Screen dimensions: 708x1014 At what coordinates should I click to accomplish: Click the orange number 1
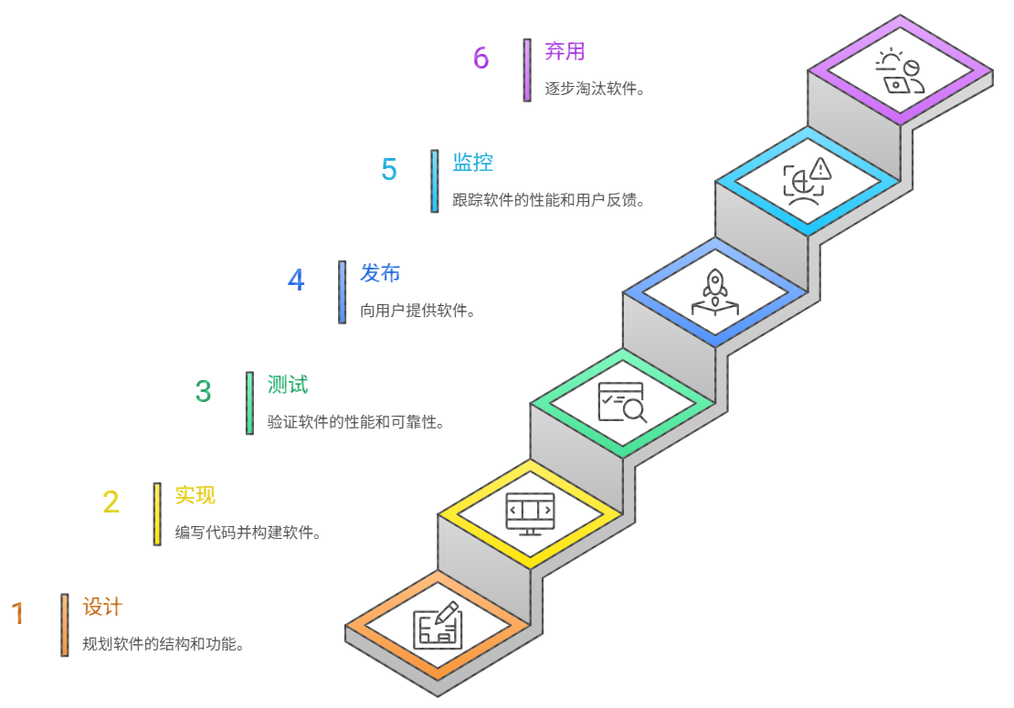point(17,613)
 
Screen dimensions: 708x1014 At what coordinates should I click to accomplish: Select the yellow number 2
point(111,502)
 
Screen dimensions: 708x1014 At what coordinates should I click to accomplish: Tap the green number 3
point(203,391)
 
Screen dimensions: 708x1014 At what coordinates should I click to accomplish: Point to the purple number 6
point(481,58)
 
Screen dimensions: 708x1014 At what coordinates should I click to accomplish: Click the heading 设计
point(102,607)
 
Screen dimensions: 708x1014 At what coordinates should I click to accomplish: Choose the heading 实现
point(195,495)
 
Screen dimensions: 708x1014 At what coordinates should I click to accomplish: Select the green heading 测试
point(288,385)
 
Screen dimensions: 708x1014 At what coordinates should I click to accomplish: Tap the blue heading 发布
point(380,273)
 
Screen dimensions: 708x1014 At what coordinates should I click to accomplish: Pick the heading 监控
point(473,163)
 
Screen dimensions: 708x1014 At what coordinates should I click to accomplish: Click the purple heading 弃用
point(565,51)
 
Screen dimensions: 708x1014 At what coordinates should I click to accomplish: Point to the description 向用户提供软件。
point(418,311)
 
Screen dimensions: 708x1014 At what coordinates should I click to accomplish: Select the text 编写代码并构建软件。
point(248,533)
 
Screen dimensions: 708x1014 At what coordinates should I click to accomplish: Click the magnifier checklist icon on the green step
point(621,402)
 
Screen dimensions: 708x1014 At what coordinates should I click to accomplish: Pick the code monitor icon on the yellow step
point(530,513)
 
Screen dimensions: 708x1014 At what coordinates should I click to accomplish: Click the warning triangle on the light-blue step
point(820,168)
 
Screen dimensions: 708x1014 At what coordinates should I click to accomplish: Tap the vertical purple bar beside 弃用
point(527,70)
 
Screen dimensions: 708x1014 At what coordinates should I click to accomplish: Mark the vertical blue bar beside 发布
point(342,292)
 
